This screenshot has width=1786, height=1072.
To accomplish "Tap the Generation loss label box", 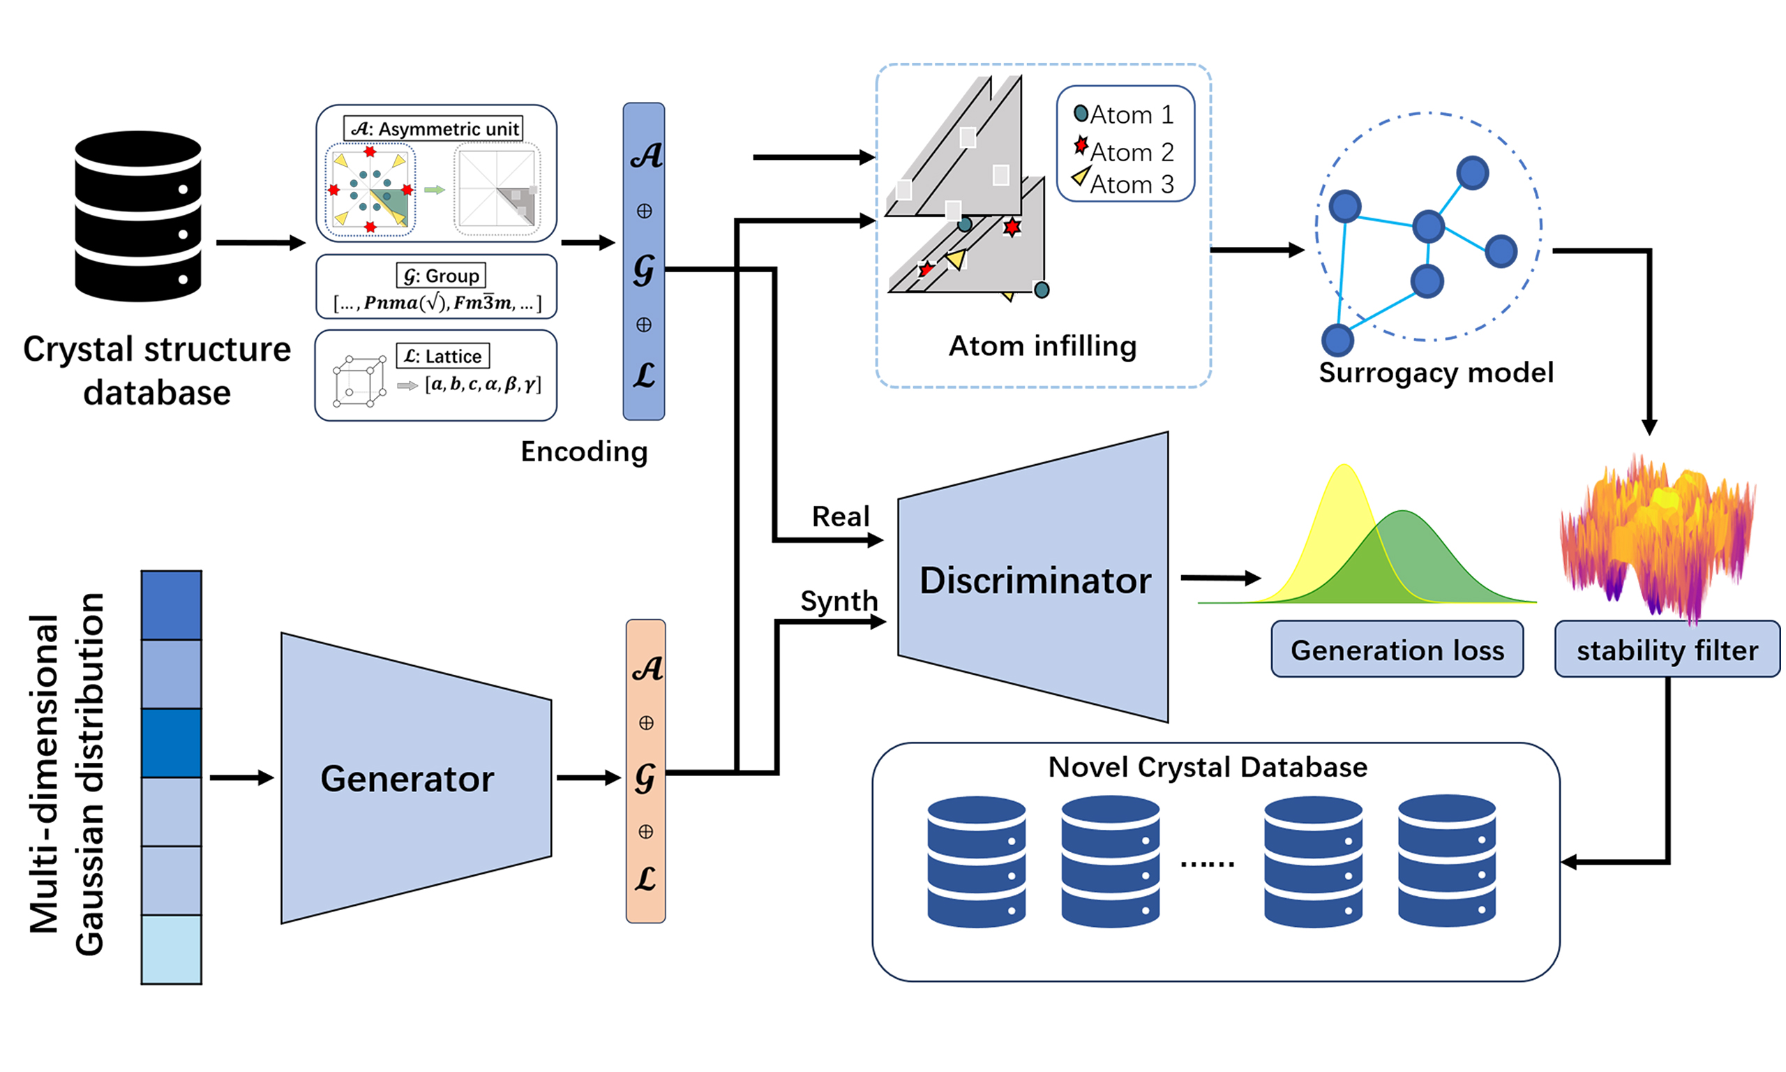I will [1396, 650].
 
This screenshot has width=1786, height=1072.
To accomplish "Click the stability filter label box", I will [1666, 650].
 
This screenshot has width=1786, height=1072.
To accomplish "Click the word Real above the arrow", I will [840, 516].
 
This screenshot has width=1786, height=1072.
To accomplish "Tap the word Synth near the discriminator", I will [839, 600].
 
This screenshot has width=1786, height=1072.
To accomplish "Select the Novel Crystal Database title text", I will [1207, 766].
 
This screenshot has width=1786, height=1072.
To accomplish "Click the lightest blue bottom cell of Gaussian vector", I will [171, 948].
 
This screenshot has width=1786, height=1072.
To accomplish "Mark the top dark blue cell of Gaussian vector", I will [171, 604].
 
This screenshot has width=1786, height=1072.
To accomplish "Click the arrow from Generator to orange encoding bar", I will [587, 777].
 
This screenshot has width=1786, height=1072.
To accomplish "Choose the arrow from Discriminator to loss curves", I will [1220, 577].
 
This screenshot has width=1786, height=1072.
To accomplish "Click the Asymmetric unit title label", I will [434, 128].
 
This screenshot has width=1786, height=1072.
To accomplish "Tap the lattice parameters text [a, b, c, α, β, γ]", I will [482, 384].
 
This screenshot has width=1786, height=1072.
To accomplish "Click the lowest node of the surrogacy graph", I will [1337, 339].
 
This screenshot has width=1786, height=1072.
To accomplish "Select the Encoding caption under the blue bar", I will [584, 452].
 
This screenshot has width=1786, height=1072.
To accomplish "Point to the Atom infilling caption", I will [1042, 346].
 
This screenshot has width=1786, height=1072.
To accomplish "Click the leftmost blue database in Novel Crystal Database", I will [976, 861].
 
